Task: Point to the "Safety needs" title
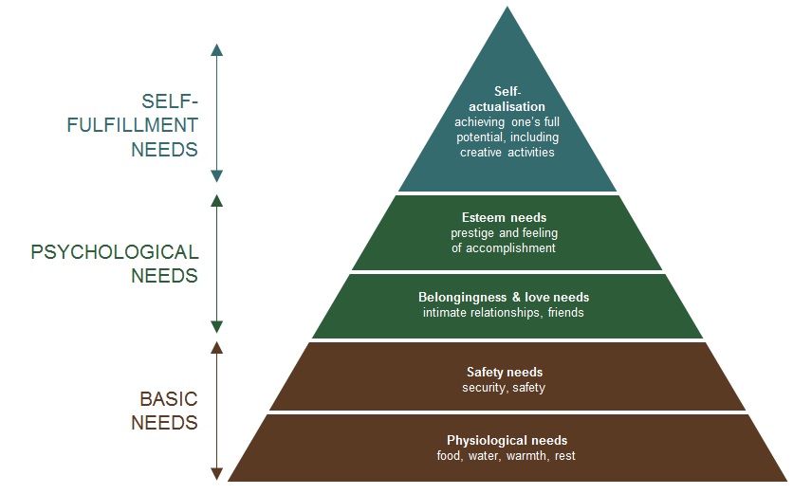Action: tap(505, 373)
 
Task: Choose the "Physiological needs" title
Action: tap(507, 440)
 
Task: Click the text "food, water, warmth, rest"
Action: tap(507, 456)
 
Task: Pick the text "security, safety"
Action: tap(504, 388)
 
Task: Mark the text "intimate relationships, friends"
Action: tap(504, 313)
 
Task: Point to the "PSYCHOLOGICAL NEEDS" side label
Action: tap(115, 264)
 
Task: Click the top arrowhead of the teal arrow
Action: tap(217, 48)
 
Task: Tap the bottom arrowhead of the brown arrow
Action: tap(217, 473)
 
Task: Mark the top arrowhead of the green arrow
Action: tap(217, 200)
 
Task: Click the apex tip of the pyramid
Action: tap(507, 7)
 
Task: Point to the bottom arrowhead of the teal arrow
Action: tap(217, 175)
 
